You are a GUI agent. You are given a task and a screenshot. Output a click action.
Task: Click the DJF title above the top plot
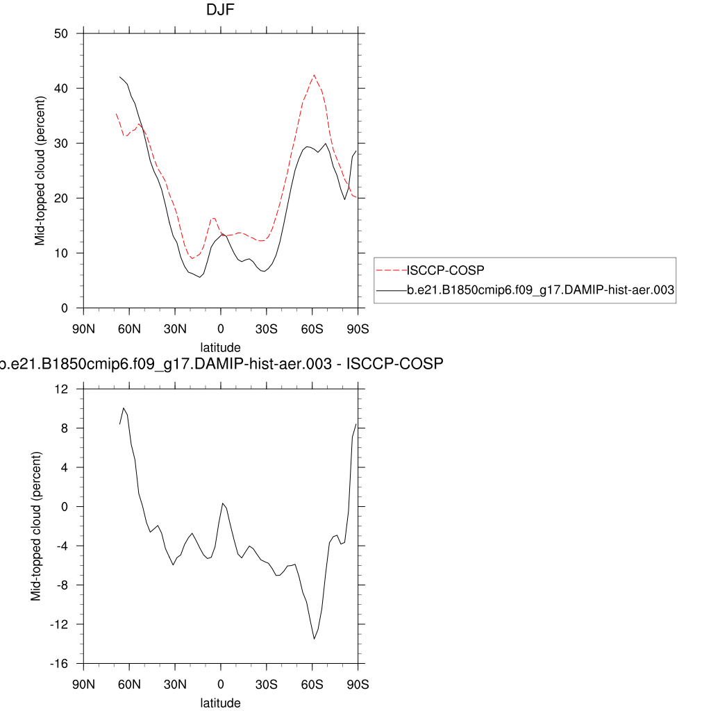tap(221, 10)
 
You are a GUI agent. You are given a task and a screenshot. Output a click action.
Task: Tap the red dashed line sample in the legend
tap(390, 269)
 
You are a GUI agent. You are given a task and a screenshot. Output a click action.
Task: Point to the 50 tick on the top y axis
tap(60, 33)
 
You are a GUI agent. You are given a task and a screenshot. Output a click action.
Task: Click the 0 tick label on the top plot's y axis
tap(65, 308)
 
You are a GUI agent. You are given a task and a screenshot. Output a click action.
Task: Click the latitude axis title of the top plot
tap(221, 347)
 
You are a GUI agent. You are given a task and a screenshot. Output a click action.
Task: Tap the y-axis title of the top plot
tap(40, 171)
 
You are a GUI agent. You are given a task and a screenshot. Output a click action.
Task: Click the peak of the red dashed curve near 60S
tap(314, 75)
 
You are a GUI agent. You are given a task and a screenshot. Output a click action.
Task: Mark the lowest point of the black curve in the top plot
tap(200, 277)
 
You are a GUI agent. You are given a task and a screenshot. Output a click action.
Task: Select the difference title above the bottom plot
tap(221, 364)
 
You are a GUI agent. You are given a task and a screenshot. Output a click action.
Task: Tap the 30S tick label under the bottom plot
tap(267, 683)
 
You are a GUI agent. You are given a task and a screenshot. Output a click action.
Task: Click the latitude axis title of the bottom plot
tap(221, 703)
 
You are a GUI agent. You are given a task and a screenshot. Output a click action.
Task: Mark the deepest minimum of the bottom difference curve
tap(315, 639)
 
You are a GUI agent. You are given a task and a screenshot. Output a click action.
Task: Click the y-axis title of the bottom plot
tap(36, 526)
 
